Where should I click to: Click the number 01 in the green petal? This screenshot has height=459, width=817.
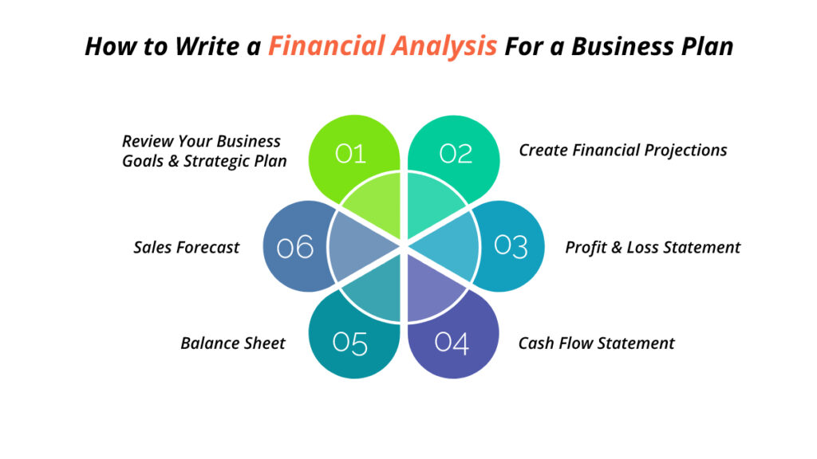[350, 153]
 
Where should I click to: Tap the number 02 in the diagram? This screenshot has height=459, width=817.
[456, 153]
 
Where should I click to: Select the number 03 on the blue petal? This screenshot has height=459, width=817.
[511, 246]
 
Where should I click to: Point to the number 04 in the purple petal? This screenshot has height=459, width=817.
[452, 343]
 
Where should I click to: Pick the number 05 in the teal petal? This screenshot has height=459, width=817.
[350, 343]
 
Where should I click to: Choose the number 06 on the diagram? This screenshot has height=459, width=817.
[295, 248]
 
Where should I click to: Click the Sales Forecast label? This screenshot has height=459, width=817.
[186, 248]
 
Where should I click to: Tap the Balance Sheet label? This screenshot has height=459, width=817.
[233, 343]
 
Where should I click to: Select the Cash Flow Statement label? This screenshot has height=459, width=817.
[596, 343]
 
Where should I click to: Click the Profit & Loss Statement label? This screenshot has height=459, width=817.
[653, 248]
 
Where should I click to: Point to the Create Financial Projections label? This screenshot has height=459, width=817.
[623, 150]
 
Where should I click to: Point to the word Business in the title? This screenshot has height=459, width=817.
[610, 46]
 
